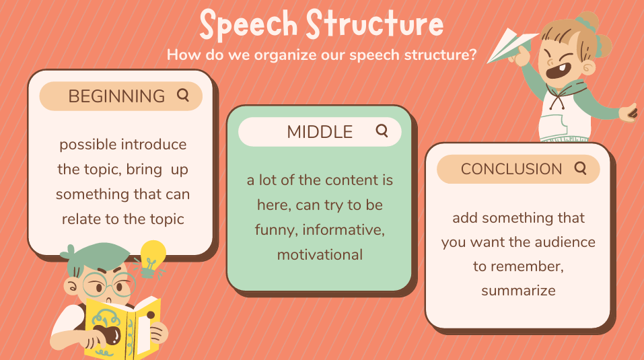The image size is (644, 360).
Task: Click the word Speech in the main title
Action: click(x=248, y=25)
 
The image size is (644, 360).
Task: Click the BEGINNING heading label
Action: click(x=116, y=96)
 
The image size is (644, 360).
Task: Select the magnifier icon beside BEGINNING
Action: click(x=183, y=96)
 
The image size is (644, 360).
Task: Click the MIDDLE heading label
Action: click(x=320, y=132)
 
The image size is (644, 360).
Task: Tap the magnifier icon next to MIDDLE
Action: click(x=382, y=131)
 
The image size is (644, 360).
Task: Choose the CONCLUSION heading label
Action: click(x=511, y=169)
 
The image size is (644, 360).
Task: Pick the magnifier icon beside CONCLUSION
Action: click(x=580, y=168)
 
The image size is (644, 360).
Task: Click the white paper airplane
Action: click(x=511, y=45)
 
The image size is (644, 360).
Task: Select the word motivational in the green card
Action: click(x=320, y=255)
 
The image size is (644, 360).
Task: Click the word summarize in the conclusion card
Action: click(x=518, y=291)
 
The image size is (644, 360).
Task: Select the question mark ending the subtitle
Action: click(x=472, y=55)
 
